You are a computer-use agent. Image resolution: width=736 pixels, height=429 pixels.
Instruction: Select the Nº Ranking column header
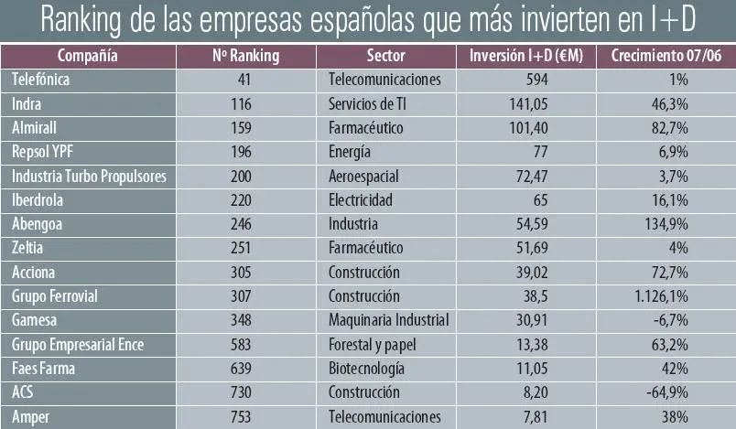pyautogui.click(x=245, y=56)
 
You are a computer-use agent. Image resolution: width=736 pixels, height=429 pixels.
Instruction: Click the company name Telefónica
pyautogui.click(x=42, y=80)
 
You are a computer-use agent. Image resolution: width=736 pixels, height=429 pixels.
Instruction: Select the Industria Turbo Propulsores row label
pyautogui.click(x=89, y=176)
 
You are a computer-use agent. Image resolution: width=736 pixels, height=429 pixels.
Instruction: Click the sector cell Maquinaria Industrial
pyautogui.click(x=388, y=320)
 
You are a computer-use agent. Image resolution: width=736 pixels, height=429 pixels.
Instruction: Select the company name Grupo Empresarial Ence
pyautogui.click(x=78, y=344)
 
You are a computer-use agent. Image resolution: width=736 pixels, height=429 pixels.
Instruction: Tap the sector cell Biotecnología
pyautogui.click(x=366, y=369)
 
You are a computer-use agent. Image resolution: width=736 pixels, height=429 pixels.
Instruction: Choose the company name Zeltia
pyautogui.click(x=29, y=248)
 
